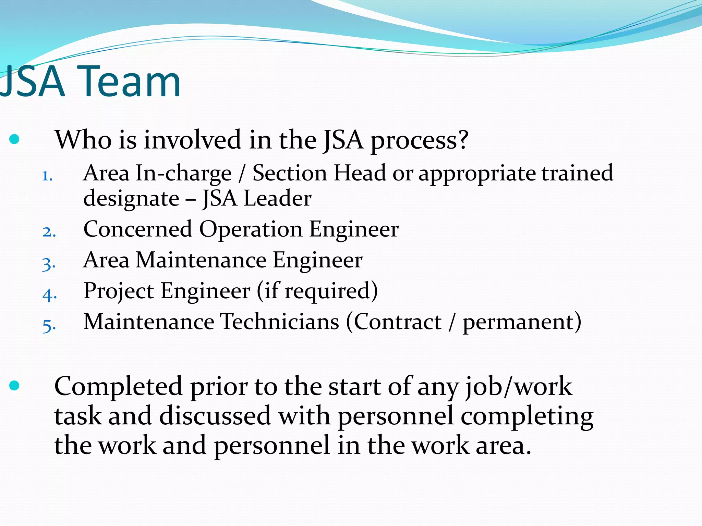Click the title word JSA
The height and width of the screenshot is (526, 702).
33,82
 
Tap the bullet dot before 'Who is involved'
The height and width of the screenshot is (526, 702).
14,139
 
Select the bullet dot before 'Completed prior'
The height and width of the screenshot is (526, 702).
14,386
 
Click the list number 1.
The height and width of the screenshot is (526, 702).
47,176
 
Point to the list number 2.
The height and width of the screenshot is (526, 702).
49,232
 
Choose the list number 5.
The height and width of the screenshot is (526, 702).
49,325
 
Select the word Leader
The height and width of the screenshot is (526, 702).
277,198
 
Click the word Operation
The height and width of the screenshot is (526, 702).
251,229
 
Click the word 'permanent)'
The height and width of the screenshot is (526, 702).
522,323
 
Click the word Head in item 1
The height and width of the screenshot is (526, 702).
360,173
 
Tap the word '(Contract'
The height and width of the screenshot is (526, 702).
394,322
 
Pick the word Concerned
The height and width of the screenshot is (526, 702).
137,229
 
